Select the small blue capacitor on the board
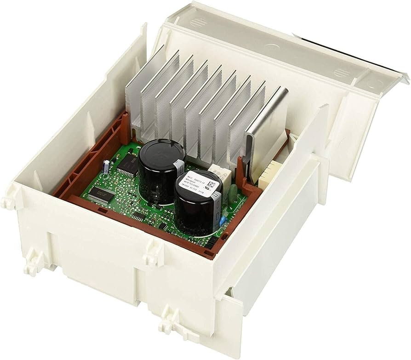(x=223, y=221)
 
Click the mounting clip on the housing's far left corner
(x=6, y=200)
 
